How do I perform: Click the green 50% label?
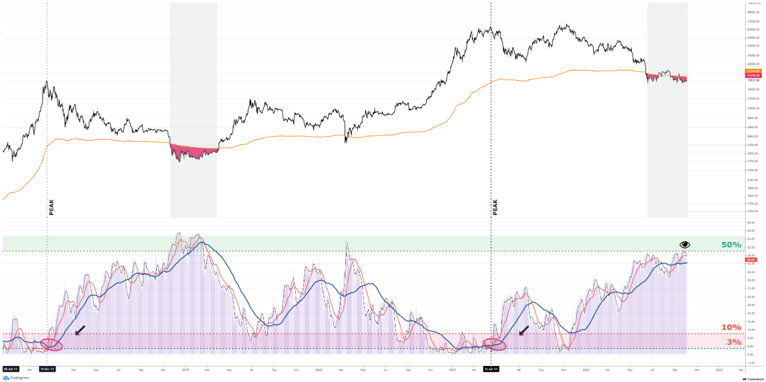731,245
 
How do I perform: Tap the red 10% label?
731,328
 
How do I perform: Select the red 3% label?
734,342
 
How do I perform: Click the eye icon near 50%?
685,244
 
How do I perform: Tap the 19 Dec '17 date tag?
47,369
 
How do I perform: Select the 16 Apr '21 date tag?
491,369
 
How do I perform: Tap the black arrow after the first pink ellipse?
80,330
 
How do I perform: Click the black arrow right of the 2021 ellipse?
524,330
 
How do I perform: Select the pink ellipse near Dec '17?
51,344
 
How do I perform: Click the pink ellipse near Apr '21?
495,344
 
